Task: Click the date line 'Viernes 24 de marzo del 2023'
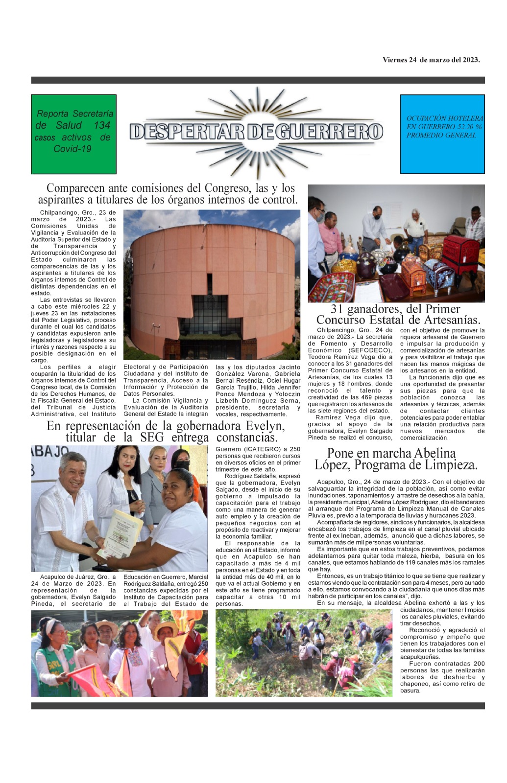[431, 60]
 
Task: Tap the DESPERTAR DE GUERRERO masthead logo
[256, 131]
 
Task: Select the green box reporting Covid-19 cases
[73, 134]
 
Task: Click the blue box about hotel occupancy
[442, 134]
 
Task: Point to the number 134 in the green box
[102, 125]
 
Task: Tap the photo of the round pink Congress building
[212, 285]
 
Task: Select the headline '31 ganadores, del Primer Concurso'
[395, 315]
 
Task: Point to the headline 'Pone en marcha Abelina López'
[395, 459]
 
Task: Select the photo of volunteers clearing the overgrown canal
[304, 652]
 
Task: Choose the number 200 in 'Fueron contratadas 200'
[479, 664]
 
